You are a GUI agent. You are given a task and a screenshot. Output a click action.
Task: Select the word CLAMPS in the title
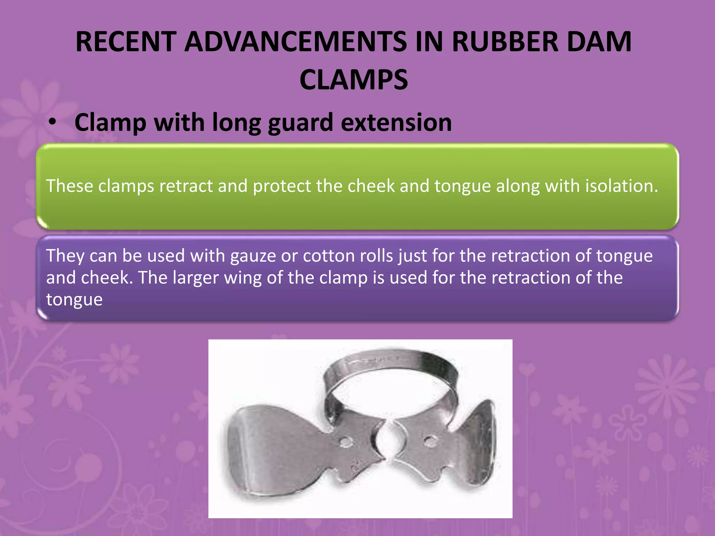coord(353,80)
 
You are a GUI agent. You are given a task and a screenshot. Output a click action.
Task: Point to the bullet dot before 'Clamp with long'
coord(52,122)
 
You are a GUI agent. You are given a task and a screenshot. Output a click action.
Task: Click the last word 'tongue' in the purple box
coord(74,300)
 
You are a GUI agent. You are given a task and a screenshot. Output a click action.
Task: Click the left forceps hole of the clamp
coord(346,442)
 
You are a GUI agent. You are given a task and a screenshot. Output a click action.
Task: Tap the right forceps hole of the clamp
coord(430,441)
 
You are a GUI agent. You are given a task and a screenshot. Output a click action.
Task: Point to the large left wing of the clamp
coord(265,450)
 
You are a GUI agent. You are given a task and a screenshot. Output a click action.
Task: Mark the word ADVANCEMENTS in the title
coord(296,42)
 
